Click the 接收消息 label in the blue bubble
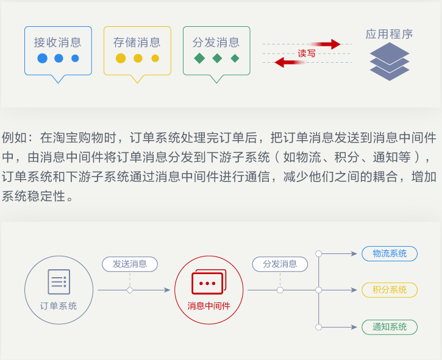point(58,43)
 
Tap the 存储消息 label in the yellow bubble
point(137,43)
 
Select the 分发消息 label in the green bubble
point(216,43)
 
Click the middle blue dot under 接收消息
point(59,58)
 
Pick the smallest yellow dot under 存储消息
point(155,58)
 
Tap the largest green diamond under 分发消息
point(199,58)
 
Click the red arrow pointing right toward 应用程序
point(327,44)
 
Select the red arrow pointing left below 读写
point(288,62)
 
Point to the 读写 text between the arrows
point(307,54)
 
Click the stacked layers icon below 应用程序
point(390,62)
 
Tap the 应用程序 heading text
point(390,35)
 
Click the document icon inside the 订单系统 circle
point(59,282)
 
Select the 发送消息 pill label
point(130,264)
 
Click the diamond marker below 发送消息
point(130,290)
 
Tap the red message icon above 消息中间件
point(209,282)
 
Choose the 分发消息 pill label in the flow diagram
point(280,264)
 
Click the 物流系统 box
point(390,253)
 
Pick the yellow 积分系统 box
point(390,290)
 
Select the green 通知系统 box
point(390,327)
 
